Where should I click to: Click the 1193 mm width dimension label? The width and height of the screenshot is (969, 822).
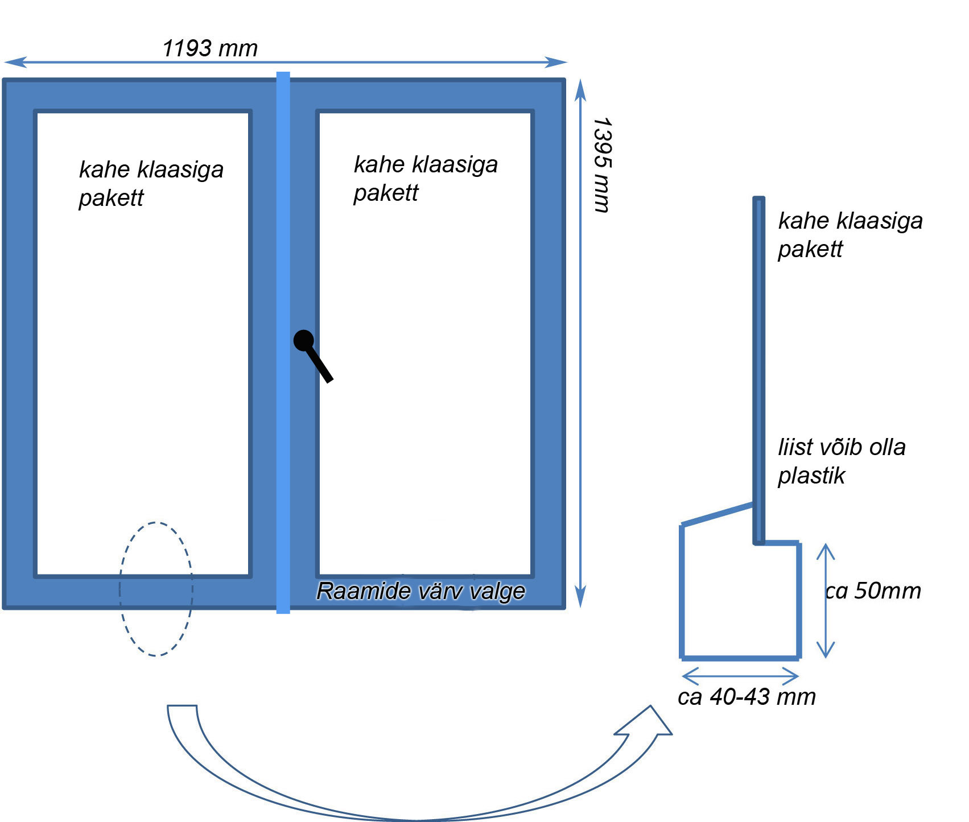[210, 49]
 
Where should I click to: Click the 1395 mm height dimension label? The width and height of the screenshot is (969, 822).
[601, 165]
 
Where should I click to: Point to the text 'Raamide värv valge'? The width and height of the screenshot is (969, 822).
[420, 591]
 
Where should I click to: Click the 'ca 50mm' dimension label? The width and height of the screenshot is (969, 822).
[873, 591]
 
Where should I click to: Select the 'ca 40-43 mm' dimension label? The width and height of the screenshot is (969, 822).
[747, 697]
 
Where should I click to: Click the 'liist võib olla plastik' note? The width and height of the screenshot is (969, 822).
[841, 461]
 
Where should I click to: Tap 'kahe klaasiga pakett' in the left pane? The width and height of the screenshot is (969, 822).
[151, 183]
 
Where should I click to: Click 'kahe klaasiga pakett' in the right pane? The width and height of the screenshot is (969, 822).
[425, 178]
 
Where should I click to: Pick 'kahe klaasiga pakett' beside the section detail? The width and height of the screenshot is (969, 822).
[850, 234]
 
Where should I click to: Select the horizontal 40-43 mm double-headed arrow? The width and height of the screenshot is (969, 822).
[740, 676]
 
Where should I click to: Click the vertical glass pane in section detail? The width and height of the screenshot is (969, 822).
[758, 370]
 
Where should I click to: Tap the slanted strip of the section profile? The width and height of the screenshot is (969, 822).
[717, 514]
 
